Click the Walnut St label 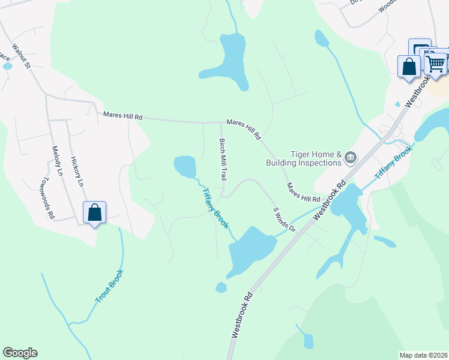(x=20, y=55)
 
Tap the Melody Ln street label (x=57, y=161)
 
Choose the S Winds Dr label (x=285, y=220)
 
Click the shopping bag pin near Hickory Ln (x=95, y=212)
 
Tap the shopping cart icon (x=436, y=62)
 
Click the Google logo (x=20, y=353)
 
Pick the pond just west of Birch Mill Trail (x=184, y=165)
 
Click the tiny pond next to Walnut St (x=8, y=65)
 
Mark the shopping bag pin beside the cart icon (x=409, y=65)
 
